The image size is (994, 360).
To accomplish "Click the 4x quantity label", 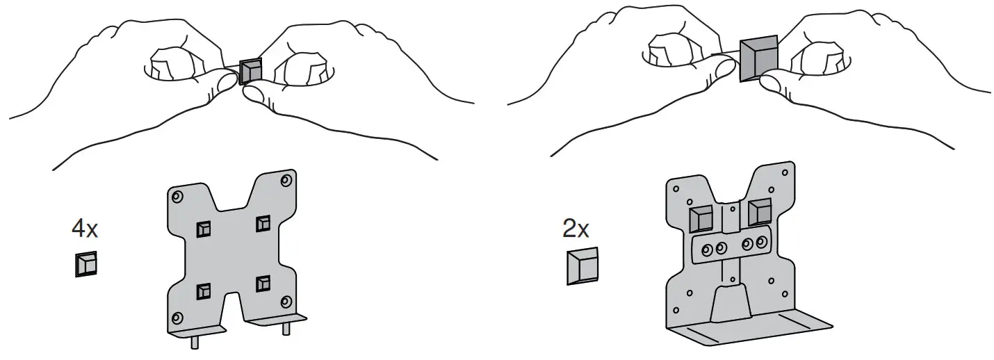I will coord(85,227).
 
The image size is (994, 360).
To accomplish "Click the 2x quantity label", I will coord(577,229).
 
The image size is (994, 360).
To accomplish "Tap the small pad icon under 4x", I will coord(85,264).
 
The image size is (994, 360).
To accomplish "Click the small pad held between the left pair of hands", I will coord(251,71).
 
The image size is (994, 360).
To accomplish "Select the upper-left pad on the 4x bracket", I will coord(203,229).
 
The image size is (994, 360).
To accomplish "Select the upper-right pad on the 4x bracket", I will coord(263,224).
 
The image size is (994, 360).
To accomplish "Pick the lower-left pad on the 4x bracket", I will coord(203,291).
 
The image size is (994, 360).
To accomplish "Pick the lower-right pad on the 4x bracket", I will coord(263,284).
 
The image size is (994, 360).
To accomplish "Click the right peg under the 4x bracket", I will coord(286,330).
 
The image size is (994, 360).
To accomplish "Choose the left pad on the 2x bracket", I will coord(701,218).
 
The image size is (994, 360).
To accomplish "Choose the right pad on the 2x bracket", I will coord(760,211).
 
